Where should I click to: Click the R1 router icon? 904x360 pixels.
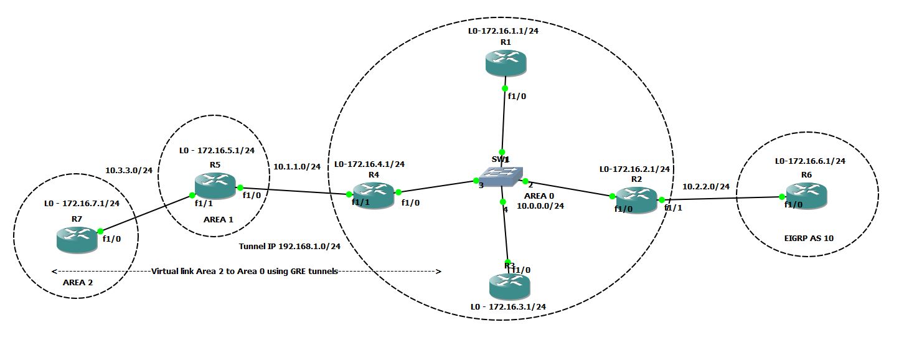[x=506, y=63]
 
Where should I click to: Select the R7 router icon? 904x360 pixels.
[x=77, y=240]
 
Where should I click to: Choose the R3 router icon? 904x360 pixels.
[x=509, y=286]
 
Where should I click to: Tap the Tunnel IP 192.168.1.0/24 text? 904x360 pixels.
[x=290, y=246]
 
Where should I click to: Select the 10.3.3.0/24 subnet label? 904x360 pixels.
[x=129, y=169]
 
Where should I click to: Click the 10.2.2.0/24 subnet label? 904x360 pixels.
[x=706, y=186]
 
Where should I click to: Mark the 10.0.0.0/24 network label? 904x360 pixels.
[x=540, y=206]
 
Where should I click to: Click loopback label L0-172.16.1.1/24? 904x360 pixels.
[x=504, y=31]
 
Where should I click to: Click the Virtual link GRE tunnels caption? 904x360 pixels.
[x=245, y=271]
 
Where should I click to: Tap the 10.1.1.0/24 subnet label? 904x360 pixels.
[x=297, y=166]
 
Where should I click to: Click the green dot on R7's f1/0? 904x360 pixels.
[x=100, y=231]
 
